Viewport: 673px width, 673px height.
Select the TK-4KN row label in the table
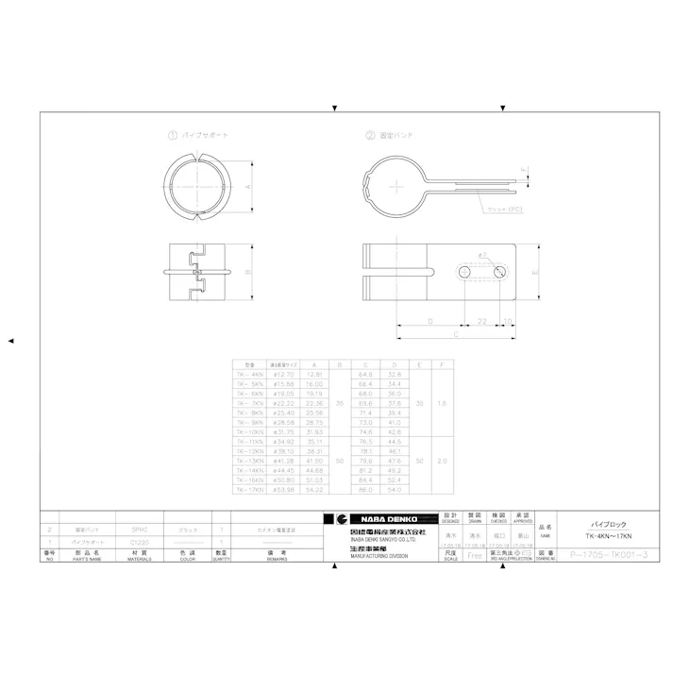click(249, 375)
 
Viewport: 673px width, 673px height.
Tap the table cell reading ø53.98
click(284, 490)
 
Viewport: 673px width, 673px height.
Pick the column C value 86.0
click(364, 490)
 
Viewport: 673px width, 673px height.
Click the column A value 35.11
click(314, 441)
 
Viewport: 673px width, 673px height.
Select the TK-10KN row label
click(249, 431)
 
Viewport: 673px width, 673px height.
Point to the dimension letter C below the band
click(456, 335)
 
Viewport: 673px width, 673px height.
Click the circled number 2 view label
click(370, 135)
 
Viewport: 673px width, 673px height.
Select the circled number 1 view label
click(173, 135)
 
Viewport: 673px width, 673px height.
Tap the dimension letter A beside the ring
click(248, 187)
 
